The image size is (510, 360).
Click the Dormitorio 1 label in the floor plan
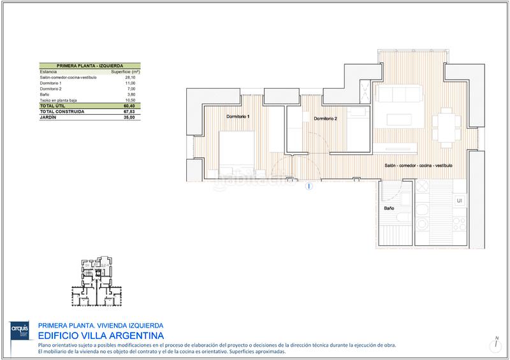point(238,117)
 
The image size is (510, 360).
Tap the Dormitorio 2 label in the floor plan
point(325,119)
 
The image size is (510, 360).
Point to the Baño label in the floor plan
point(389,208)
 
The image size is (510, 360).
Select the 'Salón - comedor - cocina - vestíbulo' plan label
point(419,165)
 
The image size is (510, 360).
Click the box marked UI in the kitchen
point(458,201)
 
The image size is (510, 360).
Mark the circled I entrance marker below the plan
point(309,187)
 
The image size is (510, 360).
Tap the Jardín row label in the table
point(48,117)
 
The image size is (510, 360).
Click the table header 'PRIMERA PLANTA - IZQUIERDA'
point(90,65)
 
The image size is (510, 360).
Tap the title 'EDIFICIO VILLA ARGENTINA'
point(101,335)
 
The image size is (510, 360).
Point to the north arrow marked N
point(495,343)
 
